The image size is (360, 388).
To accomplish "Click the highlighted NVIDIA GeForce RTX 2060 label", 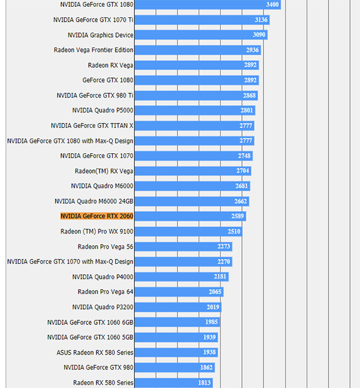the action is click(97, 216).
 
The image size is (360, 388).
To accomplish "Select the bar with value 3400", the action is click(208, 5).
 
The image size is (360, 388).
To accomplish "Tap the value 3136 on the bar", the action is click(261, 20).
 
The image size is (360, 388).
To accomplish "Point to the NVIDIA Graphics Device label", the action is click(100, 35).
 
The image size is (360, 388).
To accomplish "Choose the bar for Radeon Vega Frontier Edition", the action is click(198, 50).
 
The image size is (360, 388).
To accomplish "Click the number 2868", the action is click(249, 96).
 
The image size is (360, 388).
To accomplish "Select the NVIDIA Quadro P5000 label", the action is click(103, 111).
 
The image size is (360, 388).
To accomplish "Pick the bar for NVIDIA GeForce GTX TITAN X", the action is click(194, 125).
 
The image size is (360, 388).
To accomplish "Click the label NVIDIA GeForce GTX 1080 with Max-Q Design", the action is click(70, 141).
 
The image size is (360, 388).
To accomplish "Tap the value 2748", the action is click(244, 156).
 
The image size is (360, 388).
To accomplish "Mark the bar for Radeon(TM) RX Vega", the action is click(193, 171).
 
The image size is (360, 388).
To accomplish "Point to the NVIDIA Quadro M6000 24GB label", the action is click(94, 201).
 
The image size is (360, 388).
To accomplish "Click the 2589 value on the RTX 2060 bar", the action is click(238, 216).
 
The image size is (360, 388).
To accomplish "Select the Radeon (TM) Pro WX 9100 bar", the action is click(189, 231).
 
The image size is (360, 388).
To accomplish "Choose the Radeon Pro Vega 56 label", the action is click(105, 247).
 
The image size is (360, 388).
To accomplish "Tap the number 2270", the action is click(224, 261).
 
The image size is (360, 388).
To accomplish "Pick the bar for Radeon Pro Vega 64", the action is click(179, 292).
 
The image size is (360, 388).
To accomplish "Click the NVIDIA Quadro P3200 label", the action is click(103, 307).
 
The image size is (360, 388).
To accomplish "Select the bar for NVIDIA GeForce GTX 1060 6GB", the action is click(178, 322).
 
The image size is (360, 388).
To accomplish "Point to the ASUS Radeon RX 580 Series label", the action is click(95, 352).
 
